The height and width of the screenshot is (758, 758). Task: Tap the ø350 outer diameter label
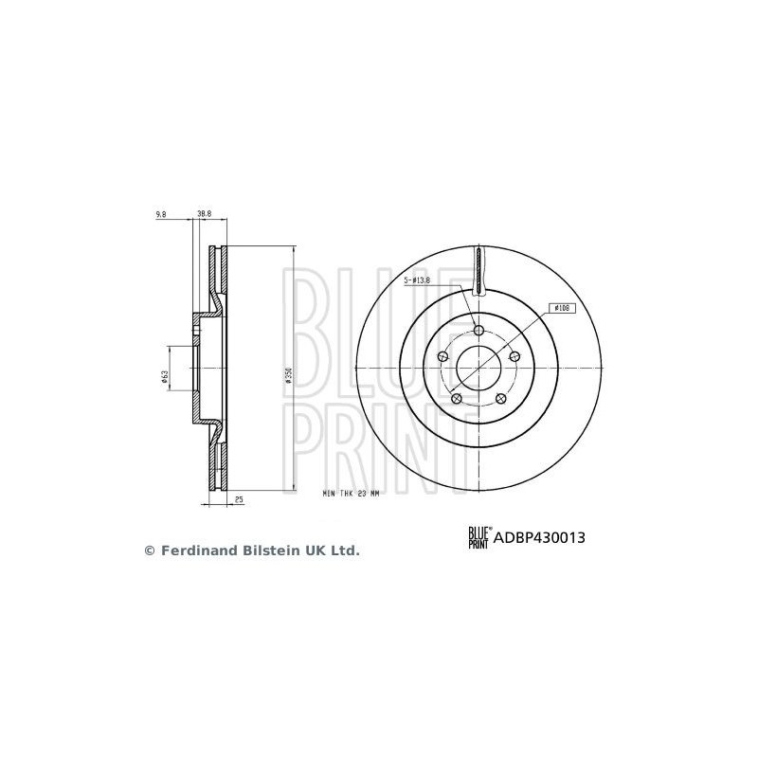[288, 376]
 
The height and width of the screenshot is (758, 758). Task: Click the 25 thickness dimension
[240, 497]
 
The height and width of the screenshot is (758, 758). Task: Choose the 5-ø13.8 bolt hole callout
[417, 280]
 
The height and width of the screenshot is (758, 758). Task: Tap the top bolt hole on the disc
[478, 331]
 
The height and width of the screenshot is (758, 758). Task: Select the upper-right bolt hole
[514, 357]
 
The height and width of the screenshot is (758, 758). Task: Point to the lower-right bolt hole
[501, 399]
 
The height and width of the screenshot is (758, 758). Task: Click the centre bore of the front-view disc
[478, 369]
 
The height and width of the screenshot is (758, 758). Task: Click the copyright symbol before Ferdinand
[148, 550]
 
